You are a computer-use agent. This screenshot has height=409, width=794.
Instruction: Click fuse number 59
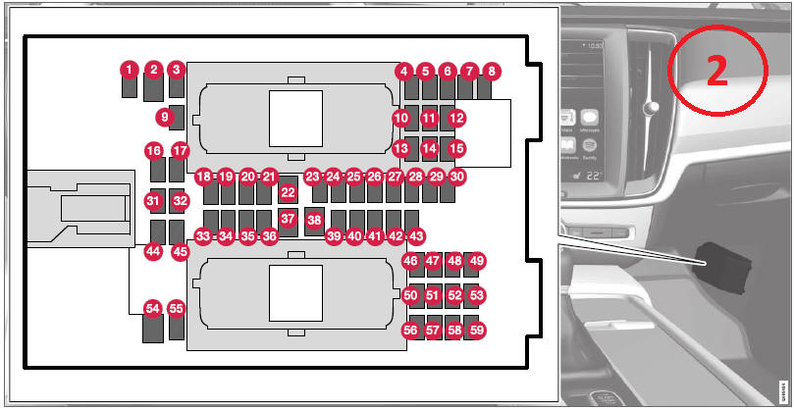point(477,331)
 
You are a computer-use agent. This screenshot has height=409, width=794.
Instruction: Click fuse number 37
point(288,219)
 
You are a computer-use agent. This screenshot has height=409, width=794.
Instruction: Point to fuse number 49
point(477,261)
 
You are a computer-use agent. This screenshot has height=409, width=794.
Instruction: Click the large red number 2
point(717,72)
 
